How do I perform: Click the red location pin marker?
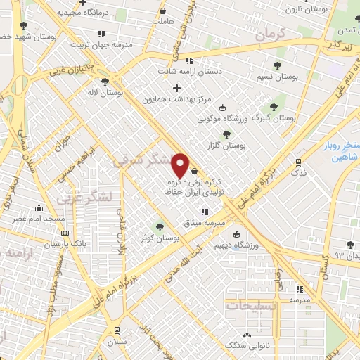[x=181, y=165]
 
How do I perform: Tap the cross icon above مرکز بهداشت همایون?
[x=176, y=89]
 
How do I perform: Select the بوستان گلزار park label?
[x=224, y=146]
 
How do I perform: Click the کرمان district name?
[x=267, y=34]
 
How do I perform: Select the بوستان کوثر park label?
[x=159, y=238]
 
